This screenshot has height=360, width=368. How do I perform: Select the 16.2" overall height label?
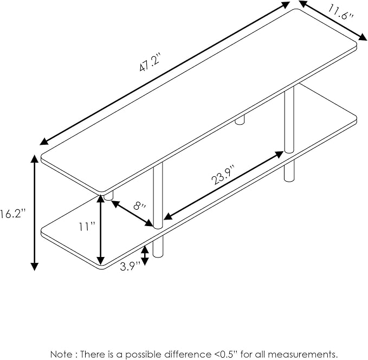click(x=12, y=214)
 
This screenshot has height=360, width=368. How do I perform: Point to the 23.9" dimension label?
click(x=223, y=175)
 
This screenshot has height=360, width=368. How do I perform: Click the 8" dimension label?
click(x=139, y=205)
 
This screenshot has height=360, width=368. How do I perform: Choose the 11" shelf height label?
click(x=87, y=227)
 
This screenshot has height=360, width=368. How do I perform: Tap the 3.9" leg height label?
click(x=130, y=266)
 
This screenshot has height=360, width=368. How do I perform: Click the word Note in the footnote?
click(x=61, y=354)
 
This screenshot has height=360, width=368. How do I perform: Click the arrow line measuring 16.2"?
click(x=35, y=213)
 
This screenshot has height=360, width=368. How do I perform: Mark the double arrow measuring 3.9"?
click(x=145, y=255)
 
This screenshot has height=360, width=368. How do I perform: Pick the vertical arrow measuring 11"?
click(x=101, y=230)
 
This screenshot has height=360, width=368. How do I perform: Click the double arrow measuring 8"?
click(x=132, y=213)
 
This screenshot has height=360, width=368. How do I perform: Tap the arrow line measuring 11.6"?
click(x=333, y=21)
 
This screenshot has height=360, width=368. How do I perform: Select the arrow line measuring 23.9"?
click(x=223, y=185)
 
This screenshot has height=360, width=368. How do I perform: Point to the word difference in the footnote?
click(x=187, y=354)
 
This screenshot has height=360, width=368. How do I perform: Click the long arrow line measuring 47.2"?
click(x=165, y=73)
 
